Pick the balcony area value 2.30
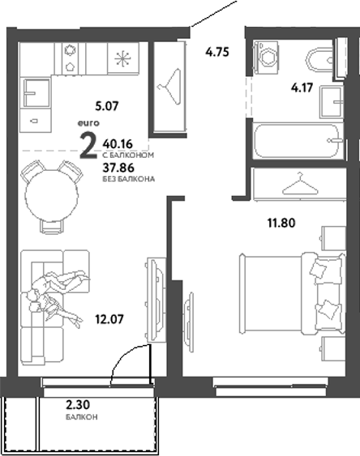[x=79, y=406]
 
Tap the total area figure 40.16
[x=118, y=143]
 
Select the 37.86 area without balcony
[x=118, y=168]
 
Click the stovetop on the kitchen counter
[x=69, y=58]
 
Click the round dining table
[x=50, y=195]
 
